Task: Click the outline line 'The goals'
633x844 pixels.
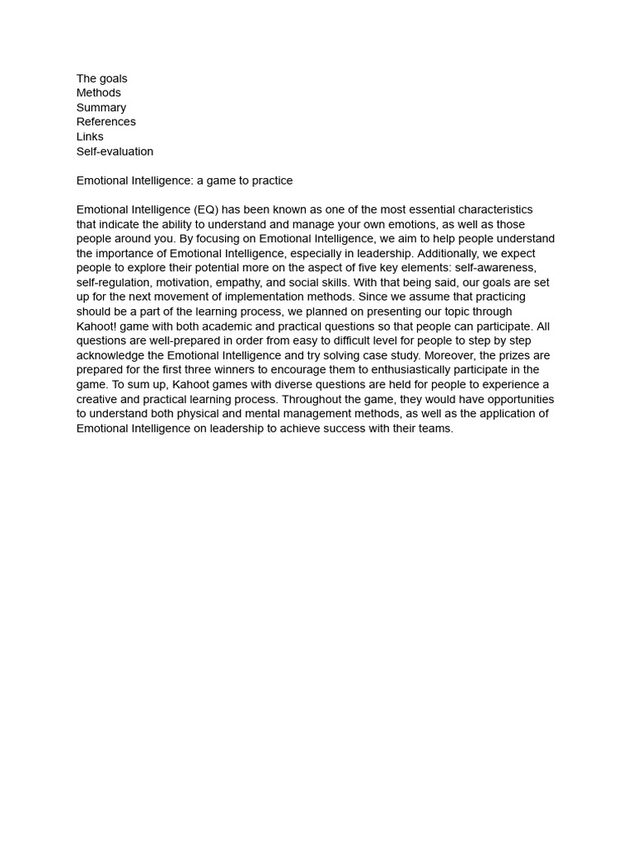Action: [x=101, y=78]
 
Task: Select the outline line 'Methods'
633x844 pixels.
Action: [x=99, y=93]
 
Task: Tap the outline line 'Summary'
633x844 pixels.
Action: [x=101, y=108]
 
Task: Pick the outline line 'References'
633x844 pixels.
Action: [x=106, y=122]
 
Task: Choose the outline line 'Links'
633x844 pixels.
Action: [x=90, y=137]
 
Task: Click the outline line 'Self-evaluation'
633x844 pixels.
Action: [x=115, y=152]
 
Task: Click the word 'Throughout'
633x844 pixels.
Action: [x=312, y=399]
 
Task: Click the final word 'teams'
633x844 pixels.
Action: [x=434, y=429]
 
